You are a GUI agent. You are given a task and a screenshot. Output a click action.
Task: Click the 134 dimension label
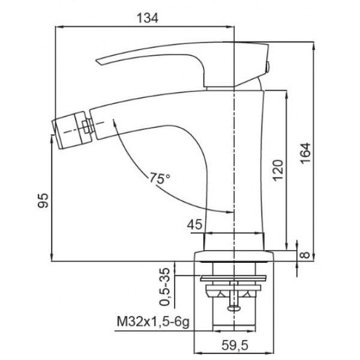[x=148, y=18]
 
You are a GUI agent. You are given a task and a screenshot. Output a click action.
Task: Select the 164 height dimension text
[x=305, y=153]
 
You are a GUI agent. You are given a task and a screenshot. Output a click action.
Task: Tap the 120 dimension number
[x=278, y=170]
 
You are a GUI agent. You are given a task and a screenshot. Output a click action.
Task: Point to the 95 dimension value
[x=43, y=200]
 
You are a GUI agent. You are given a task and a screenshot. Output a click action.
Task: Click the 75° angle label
[x=160, y=178]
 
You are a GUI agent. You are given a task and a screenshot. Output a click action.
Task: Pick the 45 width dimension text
[x=194, y=224]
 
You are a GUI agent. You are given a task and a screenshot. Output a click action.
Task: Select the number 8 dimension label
[x=305, y=255]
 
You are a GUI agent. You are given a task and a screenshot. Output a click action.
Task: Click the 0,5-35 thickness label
[x=164, y=287]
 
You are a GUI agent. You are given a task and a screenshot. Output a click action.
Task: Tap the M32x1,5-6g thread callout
[x=153, y=322]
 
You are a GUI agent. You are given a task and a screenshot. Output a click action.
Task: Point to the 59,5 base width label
[x=235, y=346]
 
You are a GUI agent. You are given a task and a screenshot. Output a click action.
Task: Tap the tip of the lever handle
[x=98, y=62]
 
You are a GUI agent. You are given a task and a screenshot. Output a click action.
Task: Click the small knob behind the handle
[x=268, y=67]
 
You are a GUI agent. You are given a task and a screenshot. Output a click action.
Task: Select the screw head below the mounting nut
[x=234, y=308]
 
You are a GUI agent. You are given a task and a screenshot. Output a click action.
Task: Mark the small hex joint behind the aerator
[x=88, y=127]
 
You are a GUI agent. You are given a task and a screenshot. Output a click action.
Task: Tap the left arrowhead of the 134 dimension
[x=59, y=27]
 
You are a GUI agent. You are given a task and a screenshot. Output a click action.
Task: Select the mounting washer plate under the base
[x=233, y=278]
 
